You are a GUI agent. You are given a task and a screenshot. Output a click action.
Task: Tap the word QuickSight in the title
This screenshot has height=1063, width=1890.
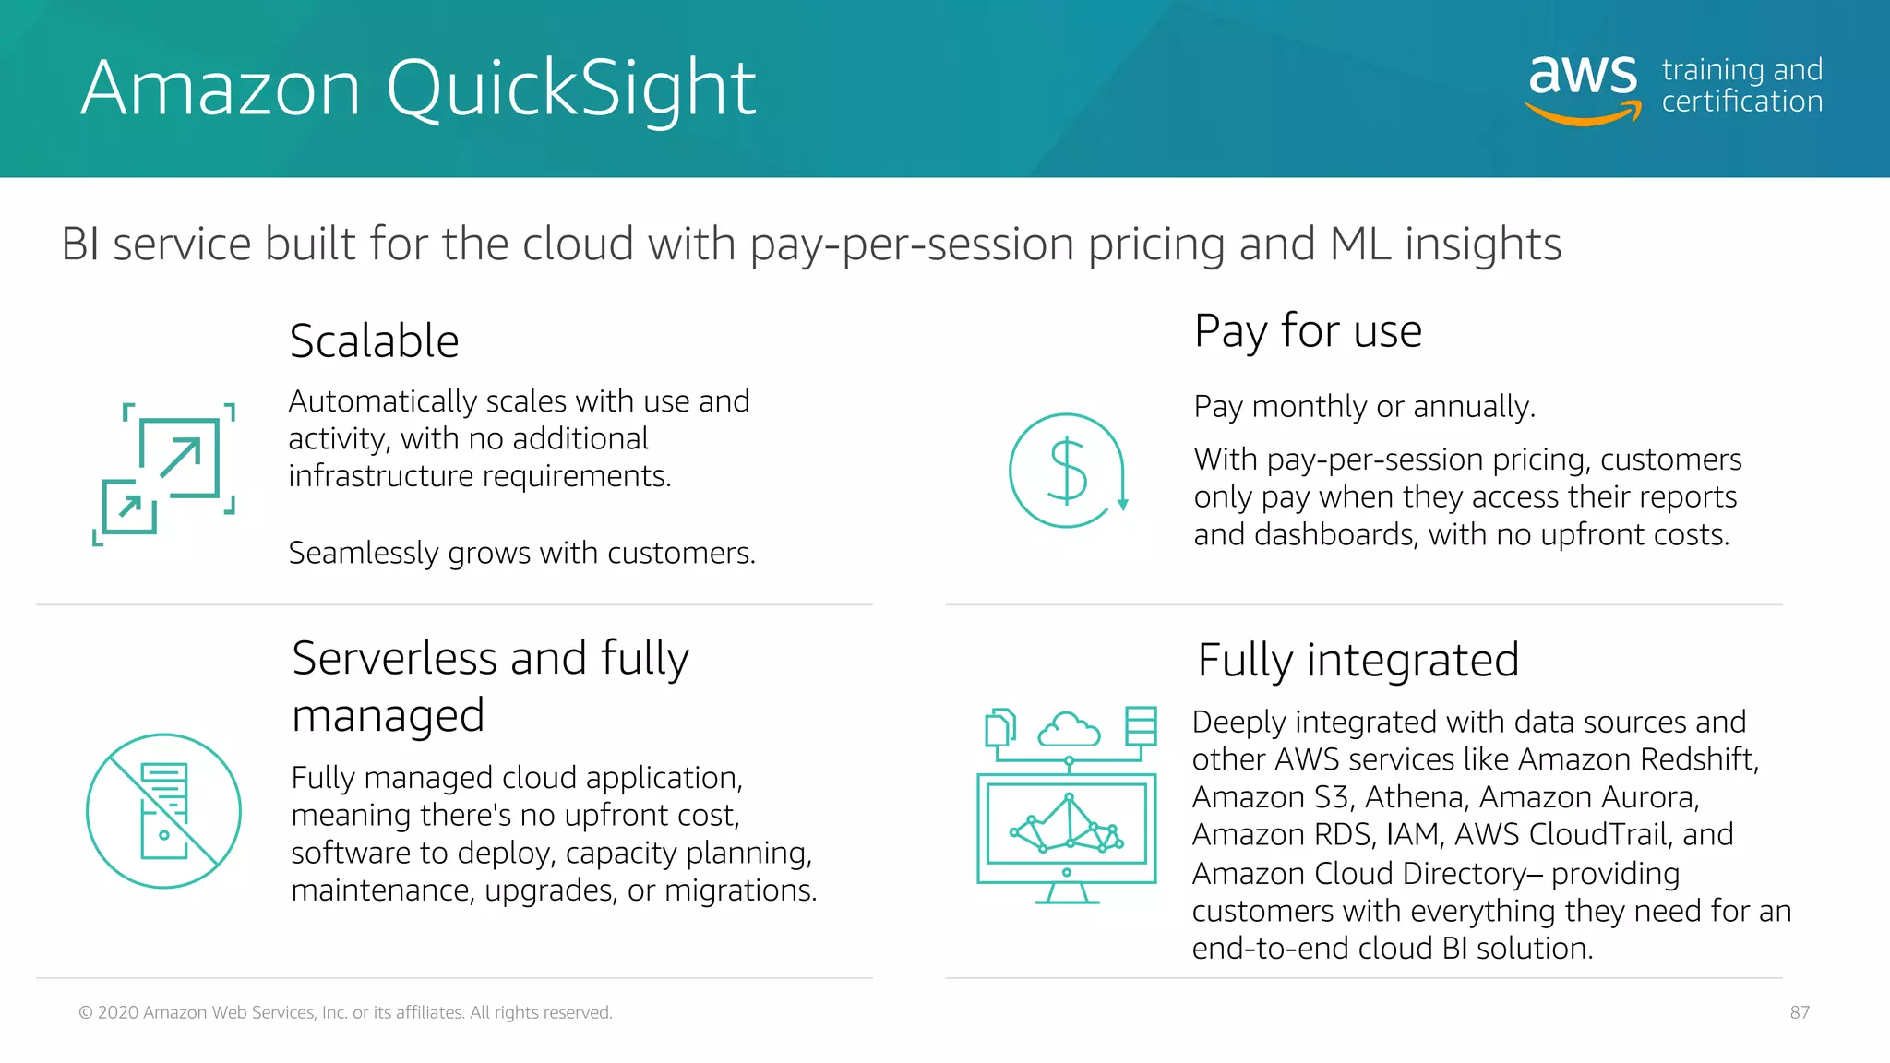(x=571, y=89)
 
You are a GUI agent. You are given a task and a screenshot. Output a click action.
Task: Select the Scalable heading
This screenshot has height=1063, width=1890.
(x=374, y=341)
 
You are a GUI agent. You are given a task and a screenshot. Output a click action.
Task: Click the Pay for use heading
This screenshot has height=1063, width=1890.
(x=1308, y=331)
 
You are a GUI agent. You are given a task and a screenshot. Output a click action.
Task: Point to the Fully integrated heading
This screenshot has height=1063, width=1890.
(x=1358, y=661)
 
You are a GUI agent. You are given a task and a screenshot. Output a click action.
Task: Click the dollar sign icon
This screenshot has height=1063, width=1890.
(x=1068, y=471)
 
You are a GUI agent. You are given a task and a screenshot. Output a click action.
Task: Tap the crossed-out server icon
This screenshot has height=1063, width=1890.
(x=163, y=811)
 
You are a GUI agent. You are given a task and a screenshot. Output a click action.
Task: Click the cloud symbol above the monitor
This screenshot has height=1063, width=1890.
(x=1069, y=729)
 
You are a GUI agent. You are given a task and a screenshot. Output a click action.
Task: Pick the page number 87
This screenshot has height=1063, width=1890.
(x=1800, y=1012)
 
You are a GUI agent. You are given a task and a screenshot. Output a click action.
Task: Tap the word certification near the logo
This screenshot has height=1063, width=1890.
(x=1741, y=102)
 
